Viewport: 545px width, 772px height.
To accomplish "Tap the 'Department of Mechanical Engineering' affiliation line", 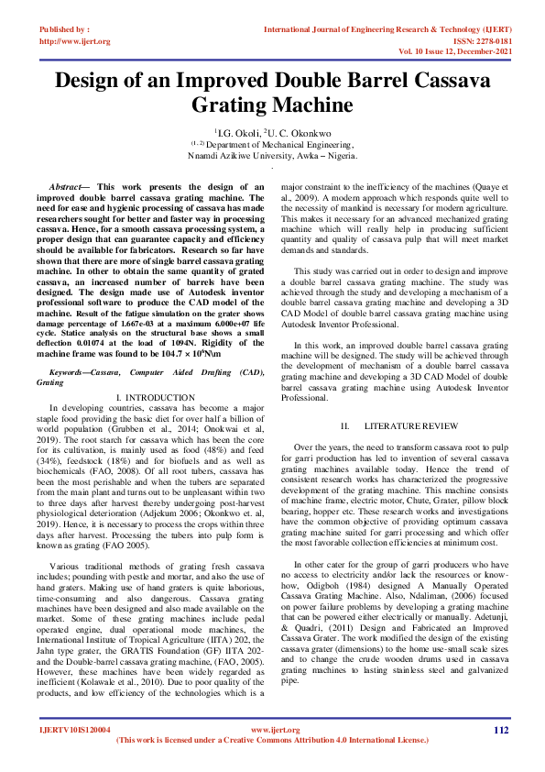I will (276, 144).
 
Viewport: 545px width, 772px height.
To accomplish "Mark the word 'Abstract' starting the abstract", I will (69, 186).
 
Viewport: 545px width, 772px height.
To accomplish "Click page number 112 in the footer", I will (500, 730).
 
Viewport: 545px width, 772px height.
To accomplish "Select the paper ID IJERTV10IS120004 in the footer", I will (74, 731).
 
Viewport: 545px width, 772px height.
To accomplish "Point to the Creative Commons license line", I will (272, 740).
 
